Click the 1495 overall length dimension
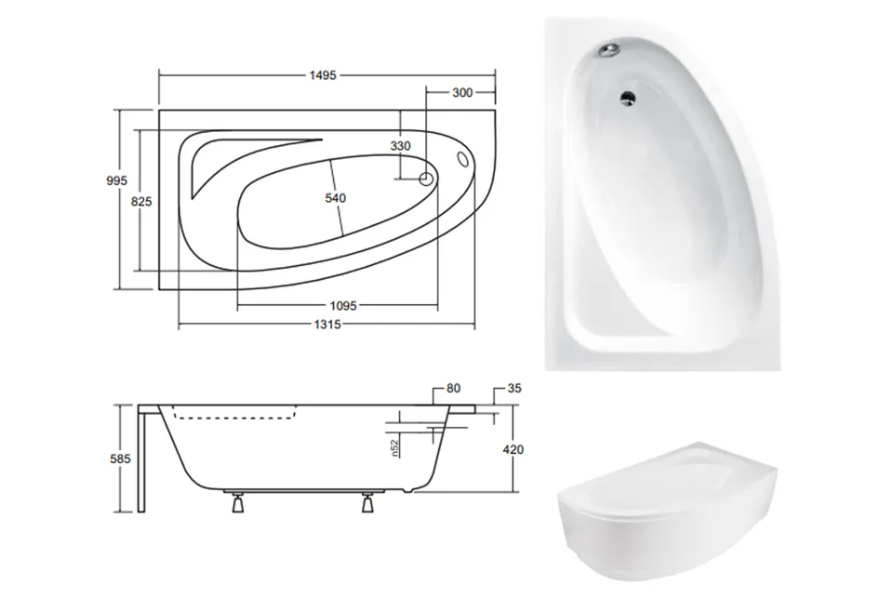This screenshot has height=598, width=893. (x=323, y=75)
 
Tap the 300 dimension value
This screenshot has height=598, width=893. (x=462, y=92)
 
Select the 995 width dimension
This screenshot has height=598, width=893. (x=117, y=180)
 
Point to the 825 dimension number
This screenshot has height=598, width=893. (x=141, y=201)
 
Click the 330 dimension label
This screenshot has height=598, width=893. (x=400, y=146)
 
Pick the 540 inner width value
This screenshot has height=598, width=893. (x=336, y=197)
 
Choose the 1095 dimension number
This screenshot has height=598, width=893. (x=343, y=306)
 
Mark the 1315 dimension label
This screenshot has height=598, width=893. (x=327, y=324)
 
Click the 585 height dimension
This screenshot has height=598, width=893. (x=120, y=458)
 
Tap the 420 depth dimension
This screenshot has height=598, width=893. (x=513, y=449)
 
